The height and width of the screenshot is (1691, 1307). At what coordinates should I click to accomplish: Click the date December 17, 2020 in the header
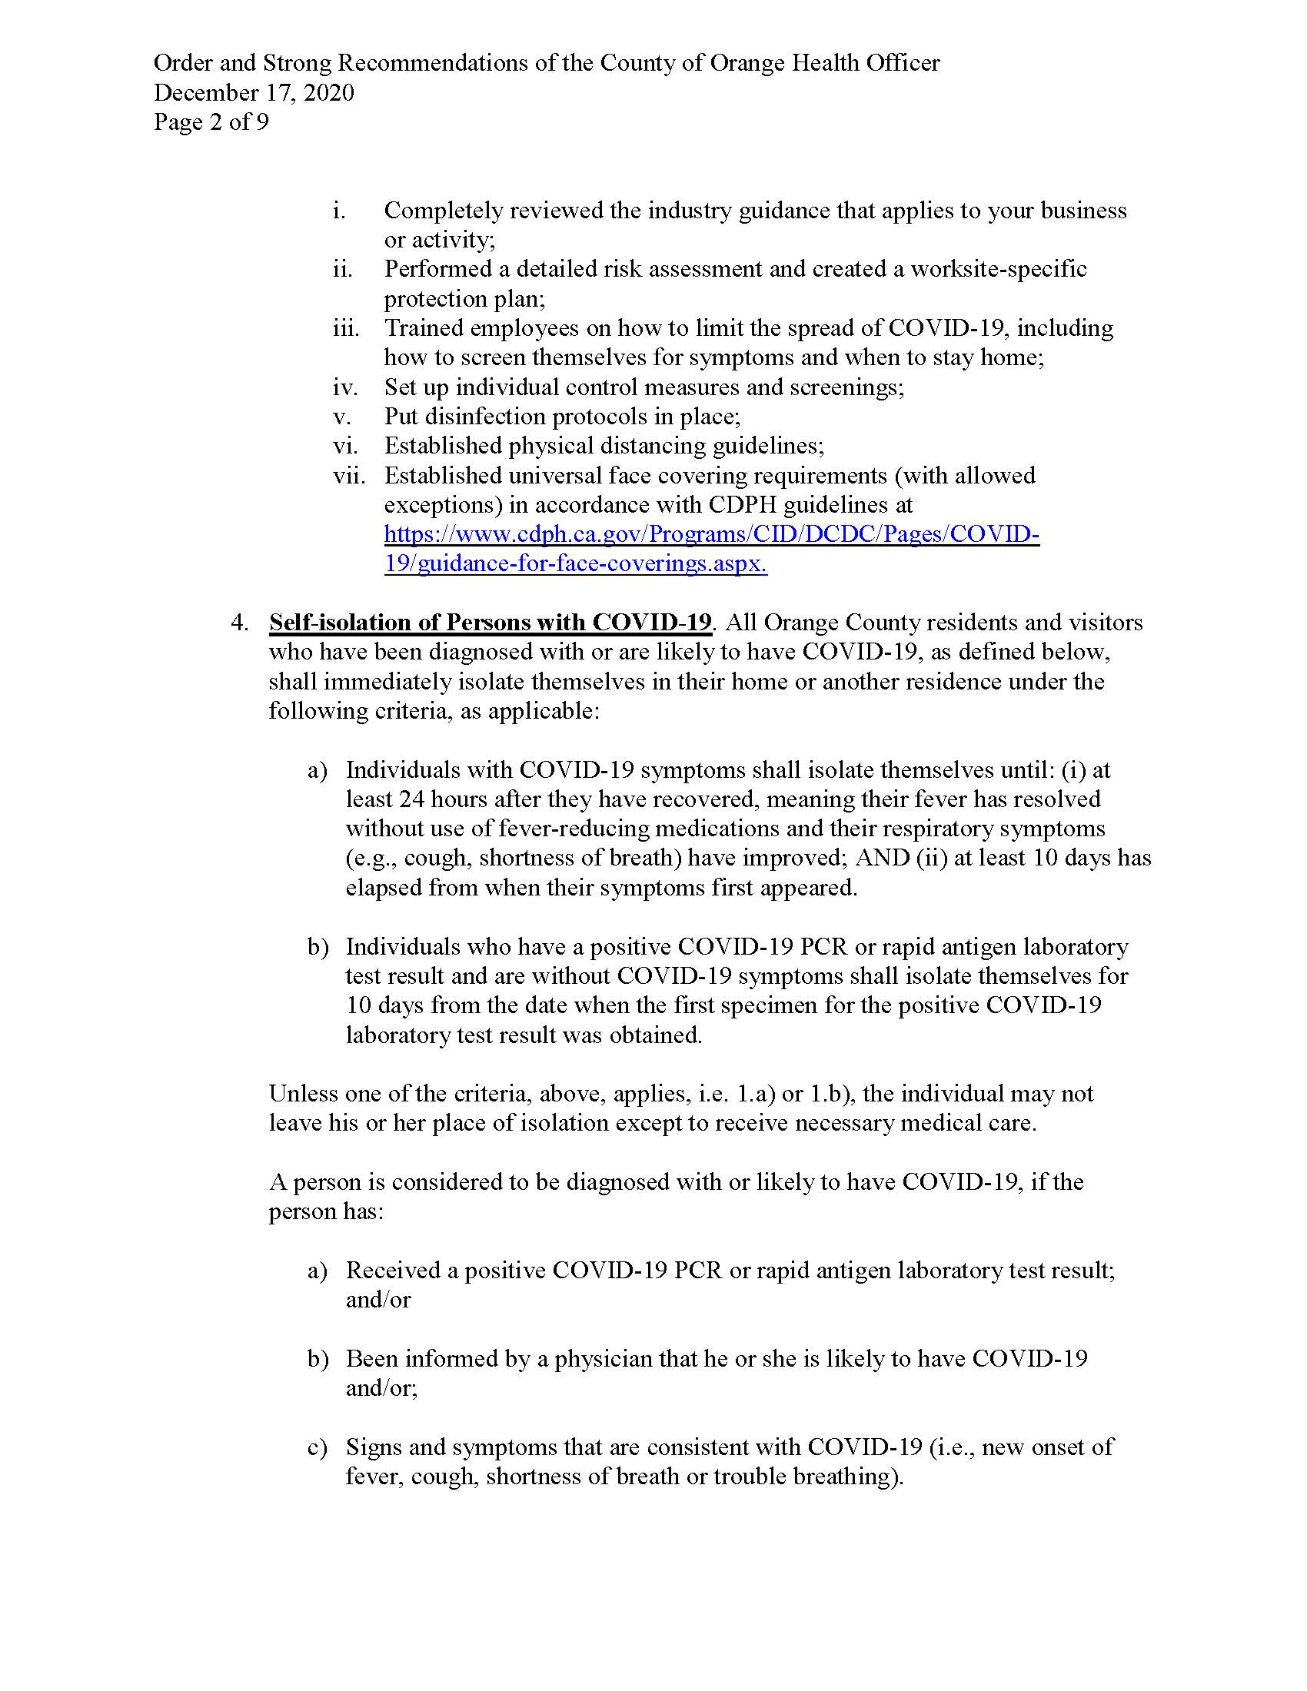[254, 93]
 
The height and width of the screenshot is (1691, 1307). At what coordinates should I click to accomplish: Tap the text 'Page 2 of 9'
[211, 122]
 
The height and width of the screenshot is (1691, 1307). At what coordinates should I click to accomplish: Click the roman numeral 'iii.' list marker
[346, 328]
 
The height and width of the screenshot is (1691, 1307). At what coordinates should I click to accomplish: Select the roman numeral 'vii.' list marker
[348, 475]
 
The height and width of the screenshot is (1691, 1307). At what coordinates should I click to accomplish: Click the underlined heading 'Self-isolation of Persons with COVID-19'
[489, 623]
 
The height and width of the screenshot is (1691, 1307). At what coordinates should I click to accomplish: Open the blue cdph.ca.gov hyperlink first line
[711, 534]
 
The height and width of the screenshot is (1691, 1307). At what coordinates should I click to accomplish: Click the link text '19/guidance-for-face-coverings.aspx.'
[575, 563]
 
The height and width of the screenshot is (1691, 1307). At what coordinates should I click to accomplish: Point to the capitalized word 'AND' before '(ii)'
[881, 858]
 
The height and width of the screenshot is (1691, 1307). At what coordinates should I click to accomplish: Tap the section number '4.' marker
[239, 623]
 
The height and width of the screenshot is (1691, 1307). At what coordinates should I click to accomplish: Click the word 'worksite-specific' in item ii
[998, 270]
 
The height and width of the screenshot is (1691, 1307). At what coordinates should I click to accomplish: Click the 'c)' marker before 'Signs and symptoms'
[318, 1447]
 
